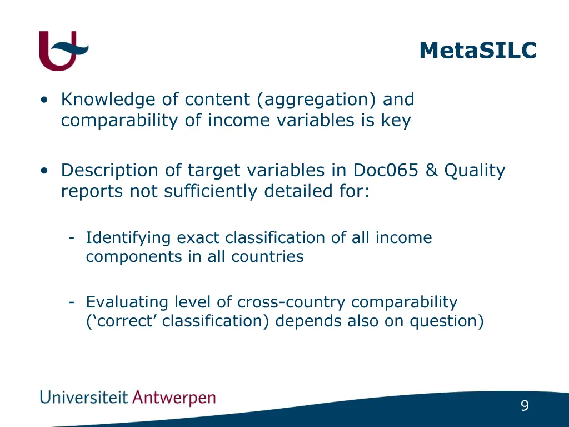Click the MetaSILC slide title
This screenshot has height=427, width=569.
pyautogui.click(x=478, y=50)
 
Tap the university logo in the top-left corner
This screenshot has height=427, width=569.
pyautogui.click(x=63, y=51)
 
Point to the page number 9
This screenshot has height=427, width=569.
pyautogui.click(x=525, y=406)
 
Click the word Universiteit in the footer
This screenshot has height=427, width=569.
pyautogui.click(x=84, y=398)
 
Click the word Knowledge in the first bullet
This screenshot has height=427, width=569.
pyautogui.click(x=108, y=100)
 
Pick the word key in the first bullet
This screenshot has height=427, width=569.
pyautogui.click(x=396, y=121)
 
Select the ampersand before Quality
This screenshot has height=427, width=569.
pyautogui.click(x=432, y=171)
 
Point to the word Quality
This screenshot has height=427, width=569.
pyautogui.click(x=475, y=171)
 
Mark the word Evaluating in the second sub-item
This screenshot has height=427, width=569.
pyautogui.click(x=127, y=302)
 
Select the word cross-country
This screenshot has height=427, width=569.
pyautogui.click(x=292, y=302)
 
